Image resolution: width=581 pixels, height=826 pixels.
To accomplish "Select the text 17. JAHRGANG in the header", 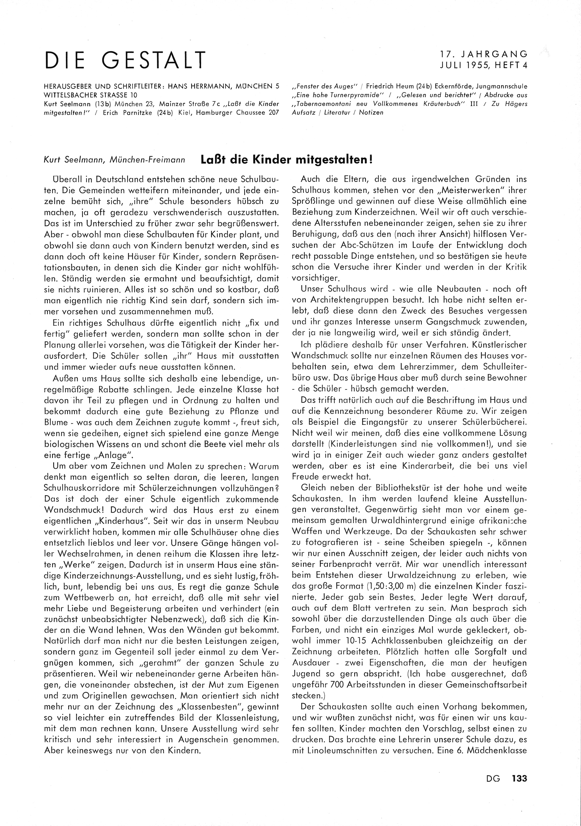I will click(484, 54).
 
